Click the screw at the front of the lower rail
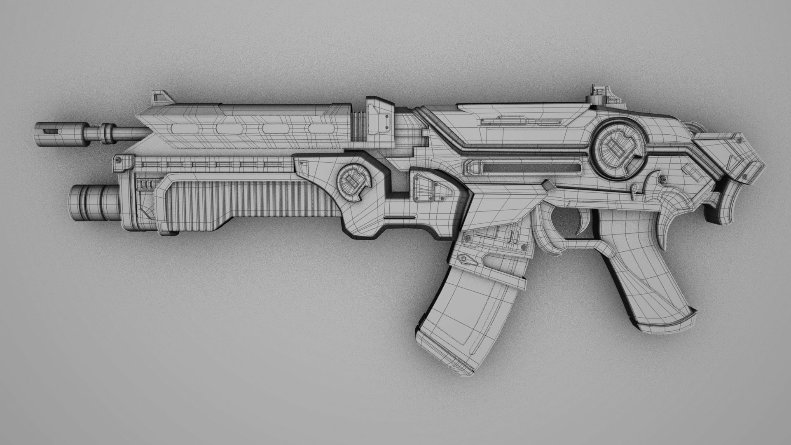coord(119,159)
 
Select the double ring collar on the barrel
coord(108,131)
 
